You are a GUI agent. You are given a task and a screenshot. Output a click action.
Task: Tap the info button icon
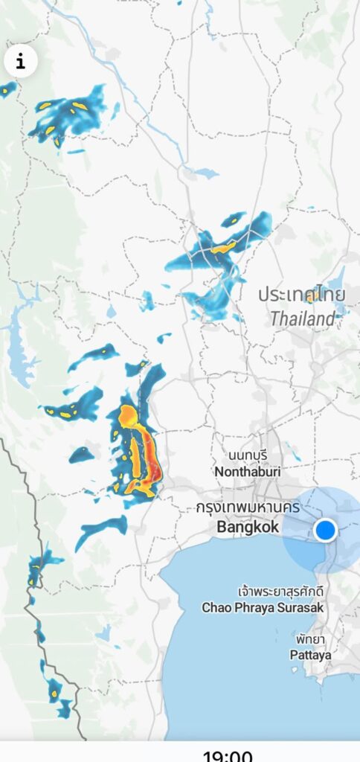[21, 62]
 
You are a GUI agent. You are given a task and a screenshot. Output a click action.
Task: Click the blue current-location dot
[326, 531]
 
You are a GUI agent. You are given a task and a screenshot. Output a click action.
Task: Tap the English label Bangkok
[248, 528]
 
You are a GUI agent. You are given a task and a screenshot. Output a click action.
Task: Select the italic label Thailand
[303, 319]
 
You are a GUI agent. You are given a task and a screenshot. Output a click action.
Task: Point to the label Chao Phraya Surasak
[263, 608]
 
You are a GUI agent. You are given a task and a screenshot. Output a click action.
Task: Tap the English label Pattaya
[312, 656]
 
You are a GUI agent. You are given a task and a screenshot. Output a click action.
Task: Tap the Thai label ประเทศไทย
[302, 295]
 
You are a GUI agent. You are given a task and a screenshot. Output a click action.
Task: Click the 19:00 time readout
[228, 755]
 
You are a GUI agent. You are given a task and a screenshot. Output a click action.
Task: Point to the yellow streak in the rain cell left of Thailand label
[223, 247]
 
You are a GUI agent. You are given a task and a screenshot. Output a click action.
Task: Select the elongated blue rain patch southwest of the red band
[101, 530]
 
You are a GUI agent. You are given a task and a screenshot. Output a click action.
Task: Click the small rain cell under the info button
[7, 90]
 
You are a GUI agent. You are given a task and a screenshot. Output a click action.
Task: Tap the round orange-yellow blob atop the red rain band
[129, 414]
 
